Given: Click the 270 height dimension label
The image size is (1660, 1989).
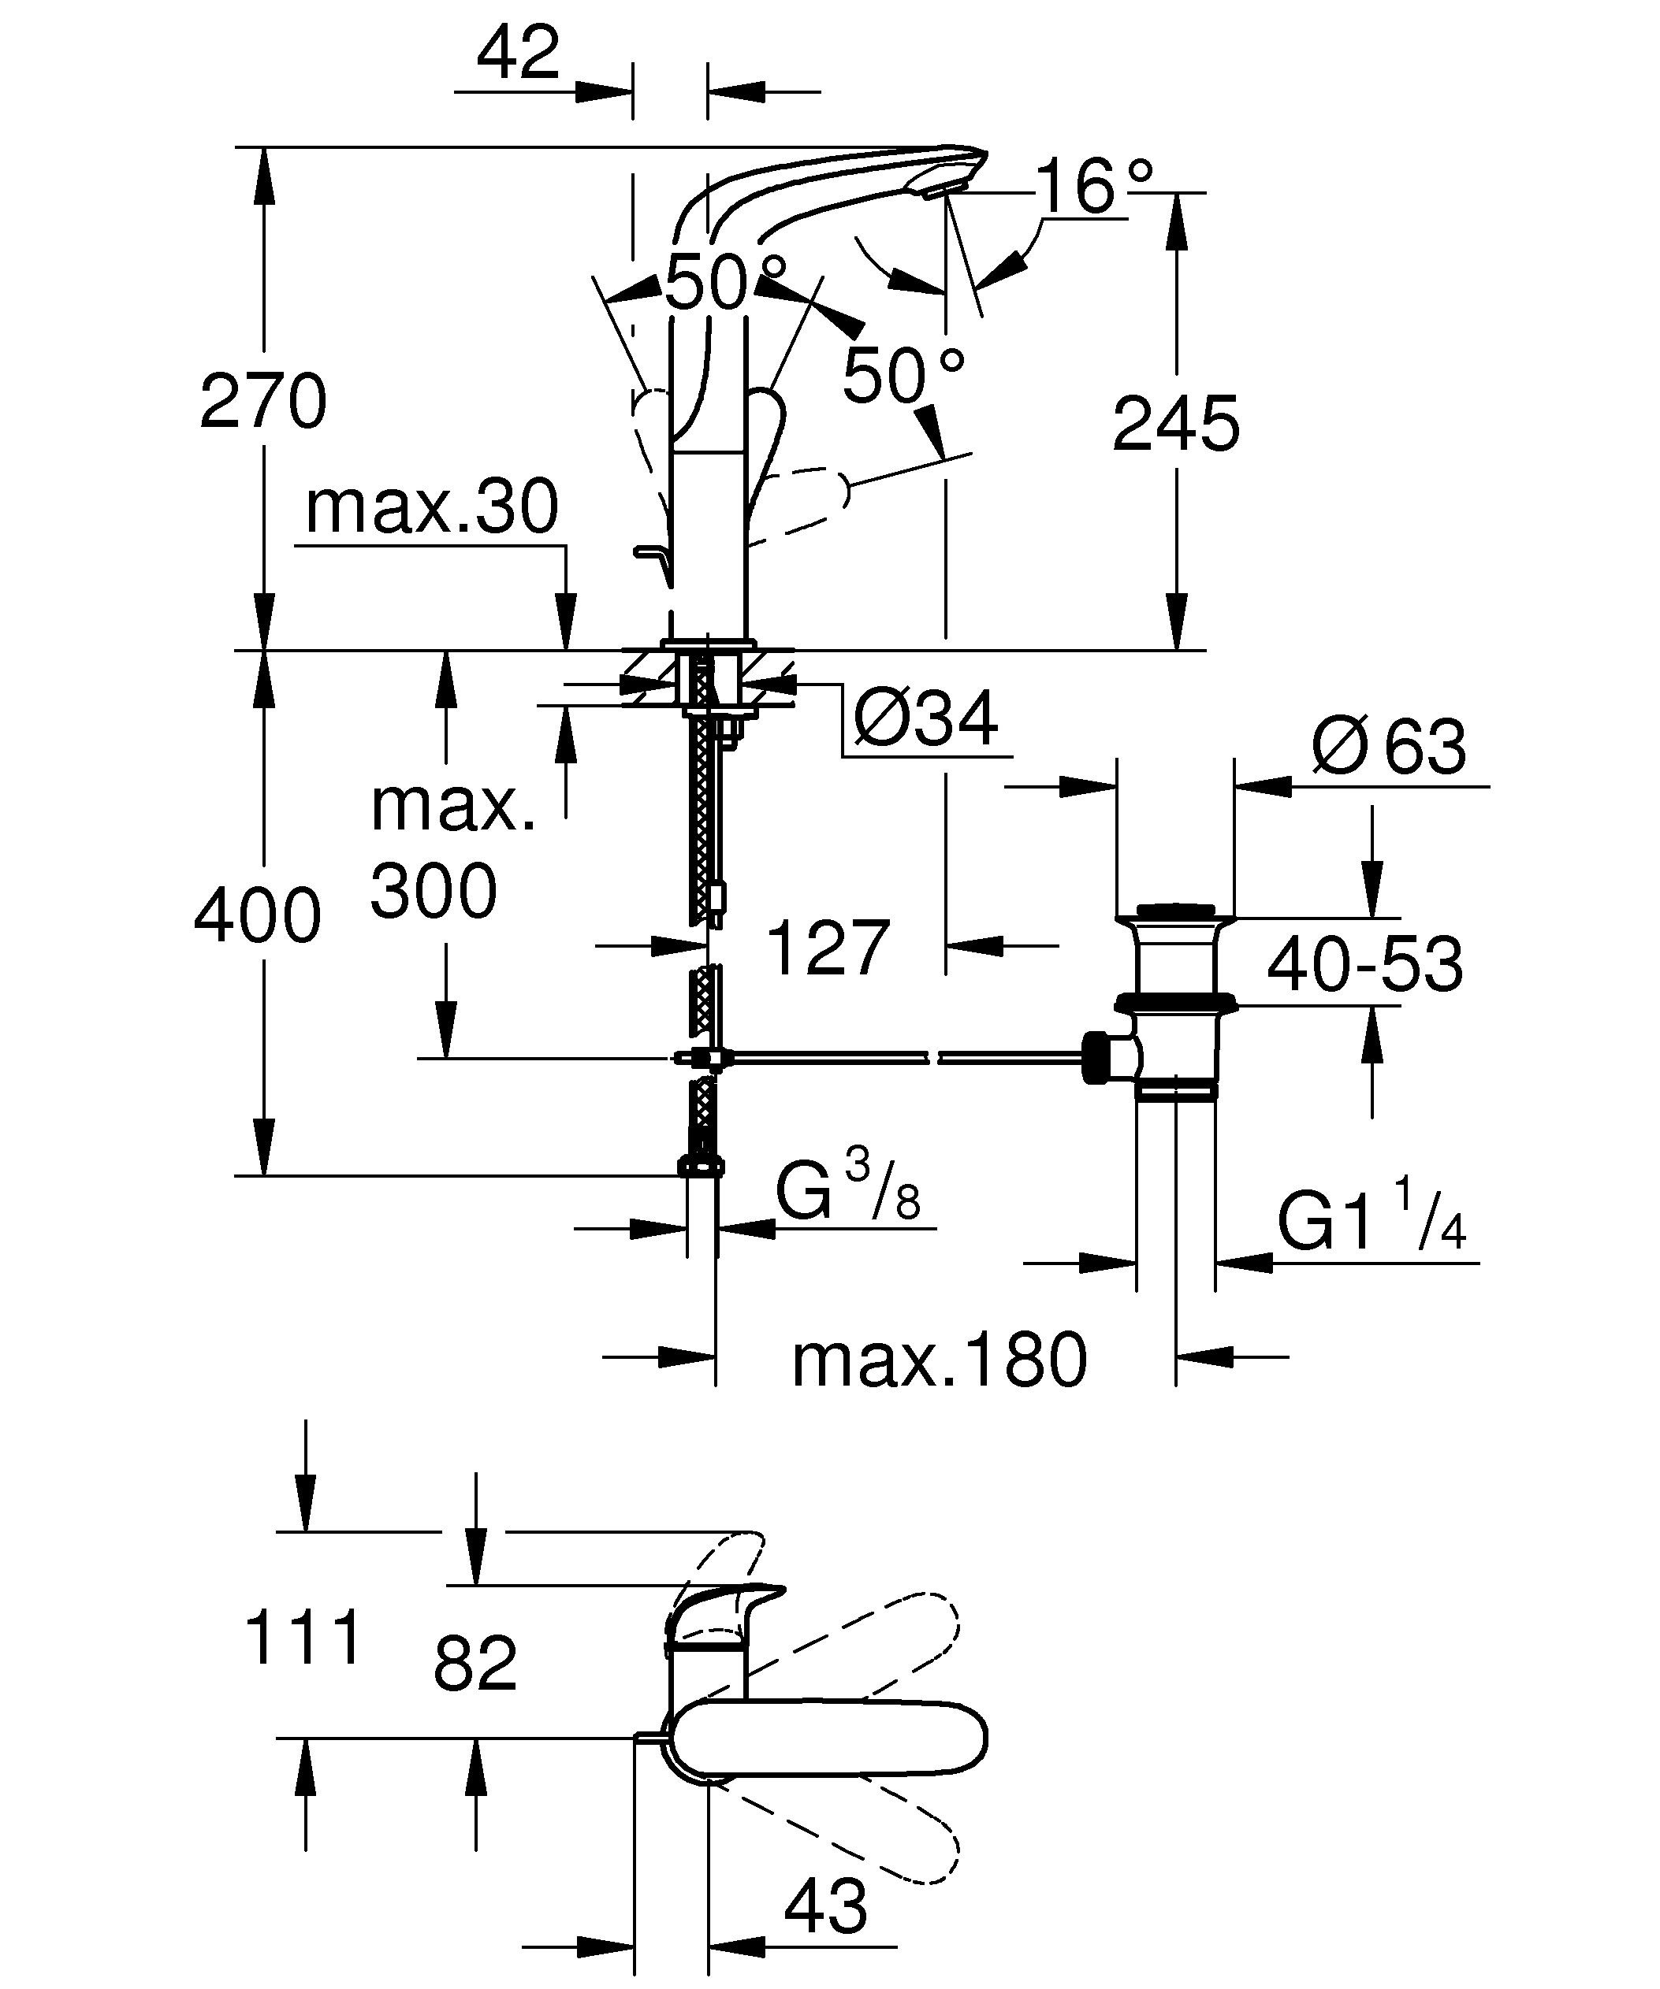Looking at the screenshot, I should click(263, 403).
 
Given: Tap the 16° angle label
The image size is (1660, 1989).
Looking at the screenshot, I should click(1094, 187).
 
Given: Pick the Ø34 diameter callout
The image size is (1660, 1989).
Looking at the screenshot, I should click(925, 721).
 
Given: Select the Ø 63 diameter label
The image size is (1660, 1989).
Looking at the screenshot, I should click(1388, 746).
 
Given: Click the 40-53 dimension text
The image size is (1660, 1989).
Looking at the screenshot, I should click(1364, 965).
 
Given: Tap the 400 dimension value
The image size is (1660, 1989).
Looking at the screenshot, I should click(258, 917).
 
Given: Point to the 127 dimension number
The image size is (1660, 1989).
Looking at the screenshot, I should click(827, 947).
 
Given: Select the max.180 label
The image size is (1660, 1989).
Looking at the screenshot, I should click(939, 1360).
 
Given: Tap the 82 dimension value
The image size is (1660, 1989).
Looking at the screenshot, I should click(475, 1664).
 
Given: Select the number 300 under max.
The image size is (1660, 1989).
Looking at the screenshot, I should click(433, 890).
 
